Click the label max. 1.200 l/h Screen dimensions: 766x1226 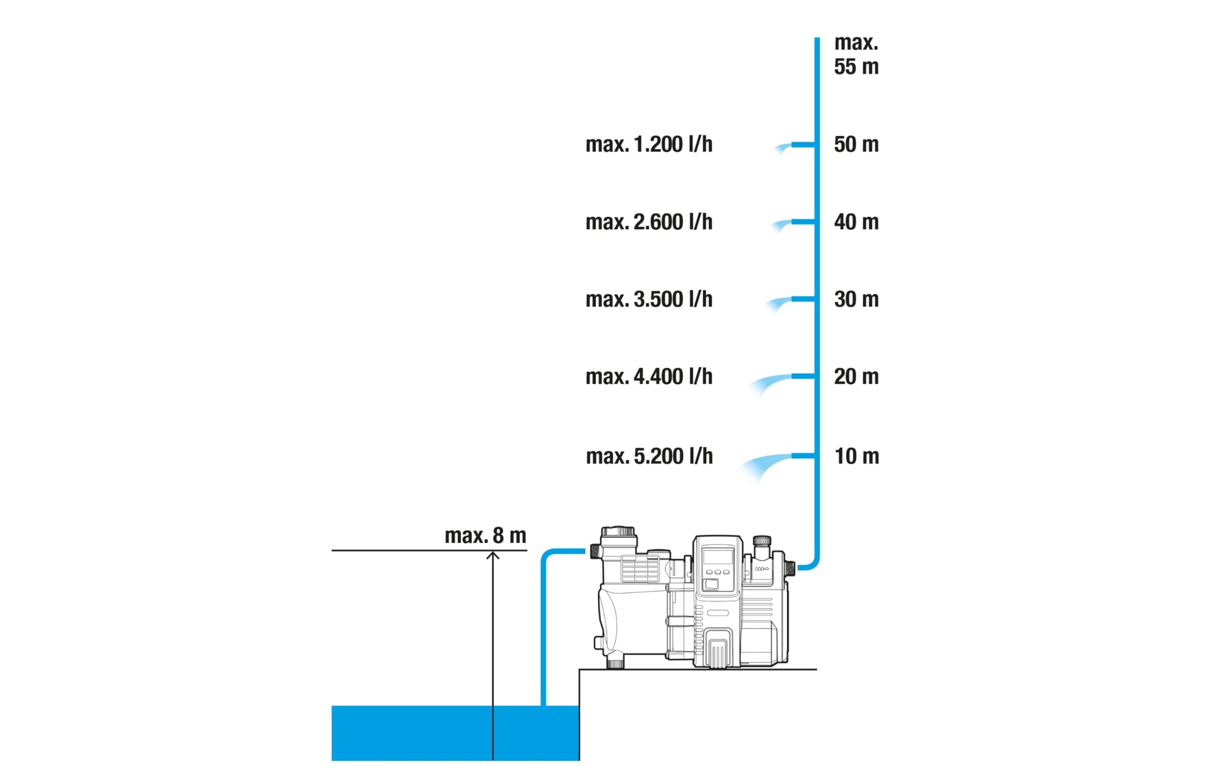[x=649, y=145]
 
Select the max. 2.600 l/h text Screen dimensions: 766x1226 [x=649, y=222]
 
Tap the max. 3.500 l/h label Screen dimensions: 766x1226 [x=649, y=300]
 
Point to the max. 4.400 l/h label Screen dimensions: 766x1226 [x=649, y=377]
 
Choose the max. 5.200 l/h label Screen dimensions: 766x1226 [x=649, y=457]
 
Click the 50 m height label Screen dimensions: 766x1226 [x=856, y=145]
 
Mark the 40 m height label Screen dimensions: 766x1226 [x=856, y=222]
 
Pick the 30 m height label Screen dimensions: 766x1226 [x=856, y=300]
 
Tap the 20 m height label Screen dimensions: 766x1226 [x=856, y=377]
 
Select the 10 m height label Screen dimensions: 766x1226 [x=856, y=457]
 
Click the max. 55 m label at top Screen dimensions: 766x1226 [x=856, y=55]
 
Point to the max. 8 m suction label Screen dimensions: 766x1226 [x=485, y=536]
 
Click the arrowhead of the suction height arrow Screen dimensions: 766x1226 [x=493, y=556]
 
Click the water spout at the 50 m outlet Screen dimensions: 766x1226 [x=783, y=148]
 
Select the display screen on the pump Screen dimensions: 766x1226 [x=718, y=557]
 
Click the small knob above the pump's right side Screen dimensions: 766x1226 [x=762, y=541]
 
